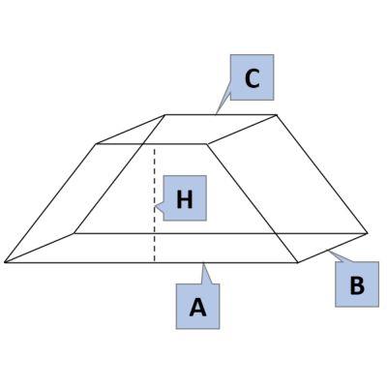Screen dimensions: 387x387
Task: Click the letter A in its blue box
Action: coord(197,308)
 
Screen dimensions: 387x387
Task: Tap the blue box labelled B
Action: coord(357,284)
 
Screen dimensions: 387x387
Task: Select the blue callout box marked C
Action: coord(252,77)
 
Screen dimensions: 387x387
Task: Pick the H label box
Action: coord(185,198)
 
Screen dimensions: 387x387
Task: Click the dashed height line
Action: coord(154,205)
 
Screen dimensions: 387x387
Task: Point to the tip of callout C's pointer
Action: coord(216,114)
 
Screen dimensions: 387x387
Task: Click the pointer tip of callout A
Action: coord(203,263)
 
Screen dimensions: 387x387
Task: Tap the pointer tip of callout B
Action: coord(328,250)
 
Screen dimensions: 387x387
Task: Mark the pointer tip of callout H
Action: coord(155,206)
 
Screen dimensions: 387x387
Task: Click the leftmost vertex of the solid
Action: coord(5,262)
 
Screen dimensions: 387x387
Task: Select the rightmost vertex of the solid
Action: coord(367,232)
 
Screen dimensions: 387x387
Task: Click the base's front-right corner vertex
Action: coord(298,262)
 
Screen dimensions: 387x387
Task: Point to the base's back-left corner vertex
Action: coord(74,233)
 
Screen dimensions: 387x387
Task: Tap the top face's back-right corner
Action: coord(277,114)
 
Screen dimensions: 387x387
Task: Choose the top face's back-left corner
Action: coord(165,115)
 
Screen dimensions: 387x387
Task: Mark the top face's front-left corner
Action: coord(96,144)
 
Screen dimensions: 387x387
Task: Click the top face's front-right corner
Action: coord(207,144)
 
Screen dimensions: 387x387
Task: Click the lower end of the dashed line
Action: coord(154,261)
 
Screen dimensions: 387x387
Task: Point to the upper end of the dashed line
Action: coord(154,148)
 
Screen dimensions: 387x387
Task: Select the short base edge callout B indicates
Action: coord(332,248)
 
